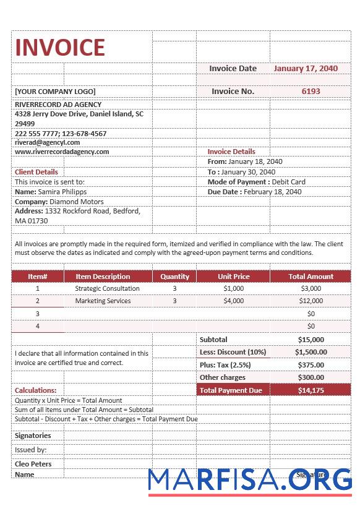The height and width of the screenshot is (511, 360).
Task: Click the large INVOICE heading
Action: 60,48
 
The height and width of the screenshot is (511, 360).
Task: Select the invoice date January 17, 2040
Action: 306,69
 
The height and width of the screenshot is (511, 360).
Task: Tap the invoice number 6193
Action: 311,91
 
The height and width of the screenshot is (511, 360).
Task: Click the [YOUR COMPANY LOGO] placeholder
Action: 56,92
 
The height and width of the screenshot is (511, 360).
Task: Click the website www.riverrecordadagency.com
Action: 62,152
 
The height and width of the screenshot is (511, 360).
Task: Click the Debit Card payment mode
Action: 288,182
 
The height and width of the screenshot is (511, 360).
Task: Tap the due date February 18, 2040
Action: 272,192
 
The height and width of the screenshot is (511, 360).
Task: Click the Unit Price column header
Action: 234,277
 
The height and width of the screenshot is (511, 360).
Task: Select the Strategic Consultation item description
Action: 107,288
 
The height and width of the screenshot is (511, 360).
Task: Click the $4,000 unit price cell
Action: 234,301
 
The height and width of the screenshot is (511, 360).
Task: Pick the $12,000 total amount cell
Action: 311,301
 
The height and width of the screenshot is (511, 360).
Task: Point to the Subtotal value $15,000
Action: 311,340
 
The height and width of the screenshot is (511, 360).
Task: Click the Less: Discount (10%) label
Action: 233,352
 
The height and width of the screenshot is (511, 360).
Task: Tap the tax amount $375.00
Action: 311,365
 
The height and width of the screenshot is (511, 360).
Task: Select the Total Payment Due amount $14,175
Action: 311,390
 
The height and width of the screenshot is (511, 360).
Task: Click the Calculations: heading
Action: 35,390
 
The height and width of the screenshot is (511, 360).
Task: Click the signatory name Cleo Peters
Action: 33,464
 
